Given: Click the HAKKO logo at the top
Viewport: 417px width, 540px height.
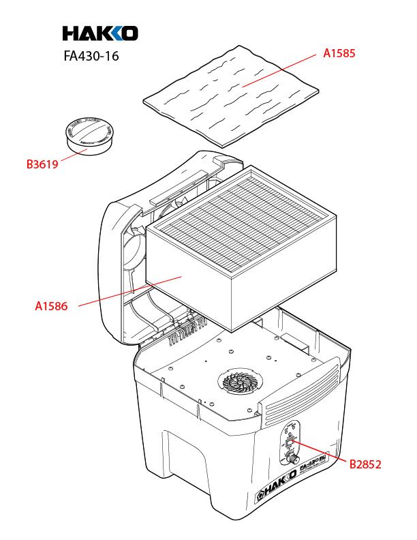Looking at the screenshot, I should coord(100,33).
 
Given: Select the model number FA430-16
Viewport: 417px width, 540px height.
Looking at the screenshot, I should coord(91,57).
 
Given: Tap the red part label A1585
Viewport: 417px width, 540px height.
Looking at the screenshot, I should coord(339,52).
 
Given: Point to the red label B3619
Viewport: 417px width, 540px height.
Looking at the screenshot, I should coord(42,164).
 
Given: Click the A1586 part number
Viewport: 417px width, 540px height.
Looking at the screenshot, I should coord(51,306).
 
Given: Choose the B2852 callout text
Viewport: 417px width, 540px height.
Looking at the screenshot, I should coord(365,464).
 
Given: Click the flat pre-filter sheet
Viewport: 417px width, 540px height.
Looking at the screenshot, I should coord(232,95).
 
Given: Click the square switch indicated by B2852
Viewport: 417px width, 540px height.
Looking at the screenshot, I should coord(289,444).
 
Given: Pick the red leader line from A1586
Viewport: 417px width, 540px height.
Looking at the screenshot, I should coord(129,292).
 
